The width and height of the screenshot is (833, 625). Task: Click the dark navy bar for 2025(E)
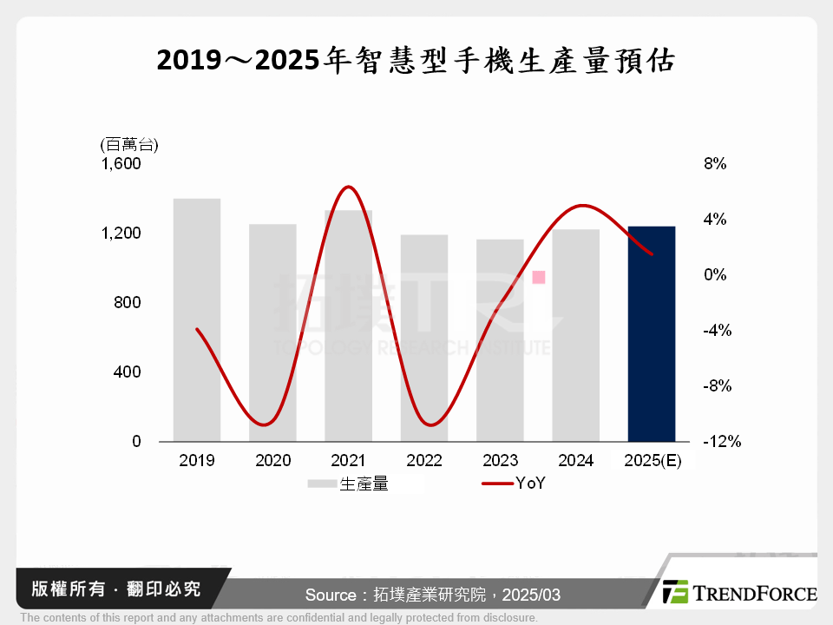[x=651, y=333]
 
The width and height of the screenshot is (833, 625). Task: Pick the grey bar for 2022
[x=423, y=338]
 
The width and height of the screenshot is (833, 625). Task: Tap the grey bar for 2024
[x=575, y=335]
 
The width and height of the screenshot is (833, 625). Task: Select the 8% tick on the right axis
[x=715, y=164]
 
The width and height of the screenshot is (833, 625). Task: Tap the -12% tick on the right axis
[x=722, y=442]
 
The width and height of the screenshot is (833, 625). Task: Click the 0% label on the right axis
[x=715, y=275]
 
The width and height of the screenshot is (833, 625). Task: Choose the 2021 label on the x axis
[x=349, y=461]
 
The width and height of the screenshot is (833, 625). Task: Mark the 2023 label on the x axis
[x=500, y=461]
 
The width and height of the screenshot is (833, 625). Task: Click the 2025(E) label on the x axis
[x=653, y=461]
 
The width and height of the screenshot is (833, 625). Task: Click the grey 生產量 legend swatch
[x=322, y=484]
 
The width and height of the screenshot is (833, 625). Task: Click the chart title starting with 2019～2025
[x=416, y=62]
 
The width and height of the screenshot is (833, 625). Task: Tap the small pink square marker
[x=539, y=277]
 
